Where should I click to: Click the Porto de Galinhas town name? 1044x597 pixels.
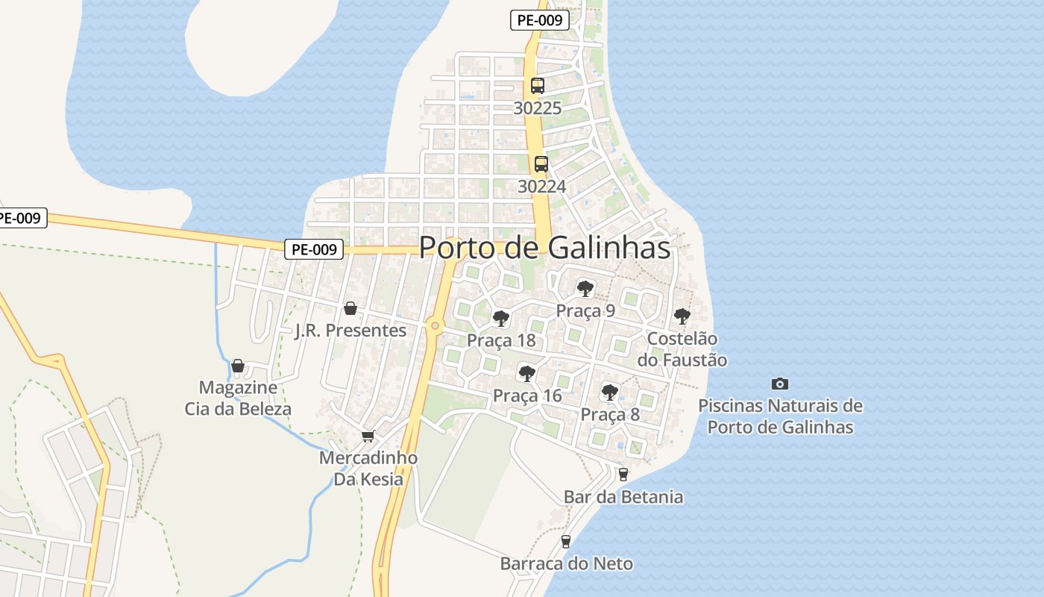click(x=544, y=248)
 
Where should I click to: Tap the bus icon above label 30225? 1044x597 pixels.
click(x=538, y=85)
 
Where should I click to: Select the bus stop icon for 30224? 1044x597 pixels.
click(x=541, y=164)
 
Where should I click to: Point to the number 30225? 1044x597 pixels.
click(x=538, y=108)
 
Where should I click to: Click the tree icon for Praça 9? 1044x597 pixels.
click(x=585, y=288)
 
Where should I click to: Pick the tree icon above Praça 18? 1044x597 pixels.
click(x=501, y=319)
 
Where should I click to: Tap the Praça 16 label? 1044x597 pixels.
click(x=527, y=396)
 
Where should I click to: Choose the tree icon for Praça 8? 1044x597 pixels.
click(x=610, y=392)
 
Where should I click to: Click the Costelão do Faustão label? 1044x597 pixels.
click(x=682, y=349)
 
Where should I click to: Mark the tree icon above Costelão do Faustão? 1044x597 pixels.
click(x=682, y=316)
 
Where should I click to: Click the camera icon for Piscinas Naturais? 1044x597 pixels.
click(x=780, y=384)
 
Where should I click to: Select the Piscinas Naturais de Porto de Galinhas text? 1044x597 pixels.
click(x=780, y=416)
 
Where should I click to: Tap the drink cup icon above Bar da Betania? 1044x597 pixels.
click(x=623, y=474)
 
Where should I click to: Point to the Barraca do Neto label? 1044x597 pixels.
click(x=566, y=563)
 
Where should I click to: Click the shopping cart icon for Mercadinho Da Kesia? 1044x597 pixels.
click(x=367, y=436)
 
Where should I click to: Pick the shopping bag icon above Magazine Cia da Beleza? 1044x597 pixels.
click(x=238, y=366)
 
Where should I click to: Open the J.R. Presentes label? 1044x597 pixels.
click(x=350, y=331)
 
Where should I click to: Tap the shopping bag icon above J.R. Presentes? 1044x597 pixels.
click(x=350, y=308)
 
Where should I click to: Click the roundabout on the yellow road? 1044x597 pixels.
click(x=435, y=325)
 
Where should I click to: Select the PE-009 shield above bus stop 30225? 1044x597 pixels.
click(x=540, y=20)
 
